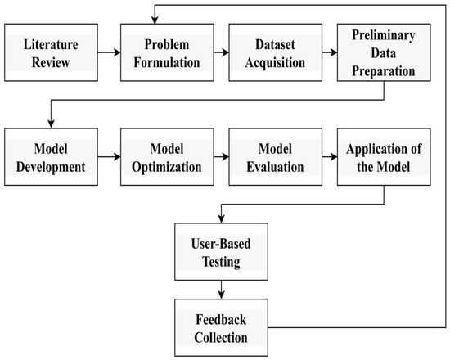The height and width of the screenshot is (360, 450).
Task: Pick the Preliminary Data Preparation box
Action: point(378,52)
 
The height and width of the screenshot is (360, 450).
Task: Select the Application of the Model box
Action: point(378,156)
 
